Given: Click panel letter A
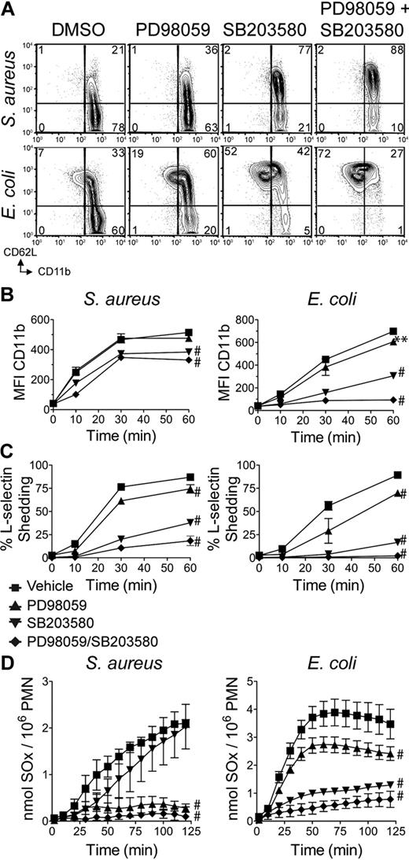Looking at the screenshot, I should pos(8,8).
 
